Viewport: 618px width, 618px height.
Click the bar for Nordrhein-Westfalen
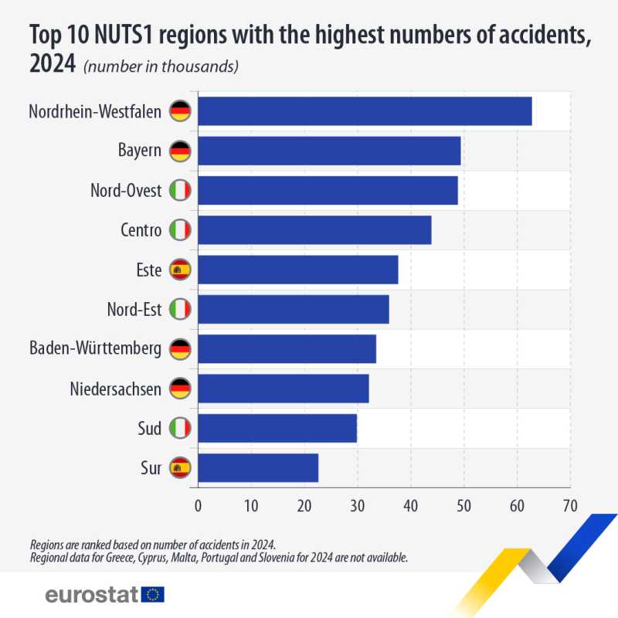click(x=365, y=111)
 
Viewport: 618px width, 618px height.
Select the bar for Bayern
click(x=329, y=151)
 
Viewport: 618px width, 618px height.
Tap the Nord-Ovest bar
click(x=328, y=190)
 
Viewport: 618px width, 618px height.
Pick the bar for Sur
click(x=258, y=467)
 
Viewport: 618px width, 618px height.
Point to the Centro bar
click(x=314, y=230)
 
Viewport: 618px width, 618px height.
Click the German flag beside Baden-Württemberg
click(x=180, y=349)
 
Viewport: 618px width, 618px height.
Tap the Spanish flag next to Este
click(x=180, y=270)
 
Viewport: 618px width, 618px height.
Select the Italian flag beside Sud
click(x=180, y=428)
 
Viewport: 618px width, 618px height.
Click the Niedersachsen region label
click(x=115, y=389)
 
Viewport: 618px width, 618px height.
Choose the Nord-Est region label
click(x=134, y=310)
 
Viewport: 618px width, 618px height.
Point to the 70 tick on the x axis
click(x=569, y=505)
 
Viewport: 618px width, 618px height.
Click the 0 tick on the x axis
click(x=198, y=505)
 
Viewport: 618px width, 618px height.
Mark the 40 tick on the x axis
click(x=410, y=505)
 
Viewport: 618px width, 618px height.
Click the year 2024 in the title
click(x=52, y=65)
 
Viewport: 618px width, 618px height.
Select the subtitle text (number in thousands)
click(x=161, y=66)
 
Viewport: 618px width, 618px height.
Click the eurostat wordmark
click(x=91, y=594)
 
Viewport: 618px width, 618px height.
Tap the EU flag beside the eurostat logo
click(x=153, y=594)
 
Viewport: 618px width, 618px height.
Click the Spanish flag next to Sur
click(x=180, y=467)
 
